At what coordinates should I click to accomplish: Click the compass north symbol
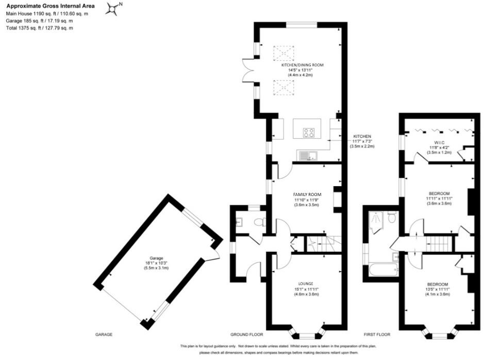point(113,8)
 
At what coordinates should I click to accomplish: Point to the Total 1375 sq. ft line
point(40,28)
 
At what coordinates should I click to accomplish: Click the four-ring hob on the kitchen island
point(309,133)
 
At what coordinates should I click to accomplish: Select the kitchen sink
point(308,154)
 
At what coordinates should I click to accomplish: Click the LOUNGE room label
point(307,283)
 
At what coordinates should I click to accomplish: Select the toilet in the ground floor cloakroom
point(262,223)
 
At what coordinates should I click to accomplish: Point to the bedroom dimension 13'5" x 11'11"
point(437,289)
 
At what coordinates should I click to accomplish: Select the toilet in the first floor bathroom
point(392,218)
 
